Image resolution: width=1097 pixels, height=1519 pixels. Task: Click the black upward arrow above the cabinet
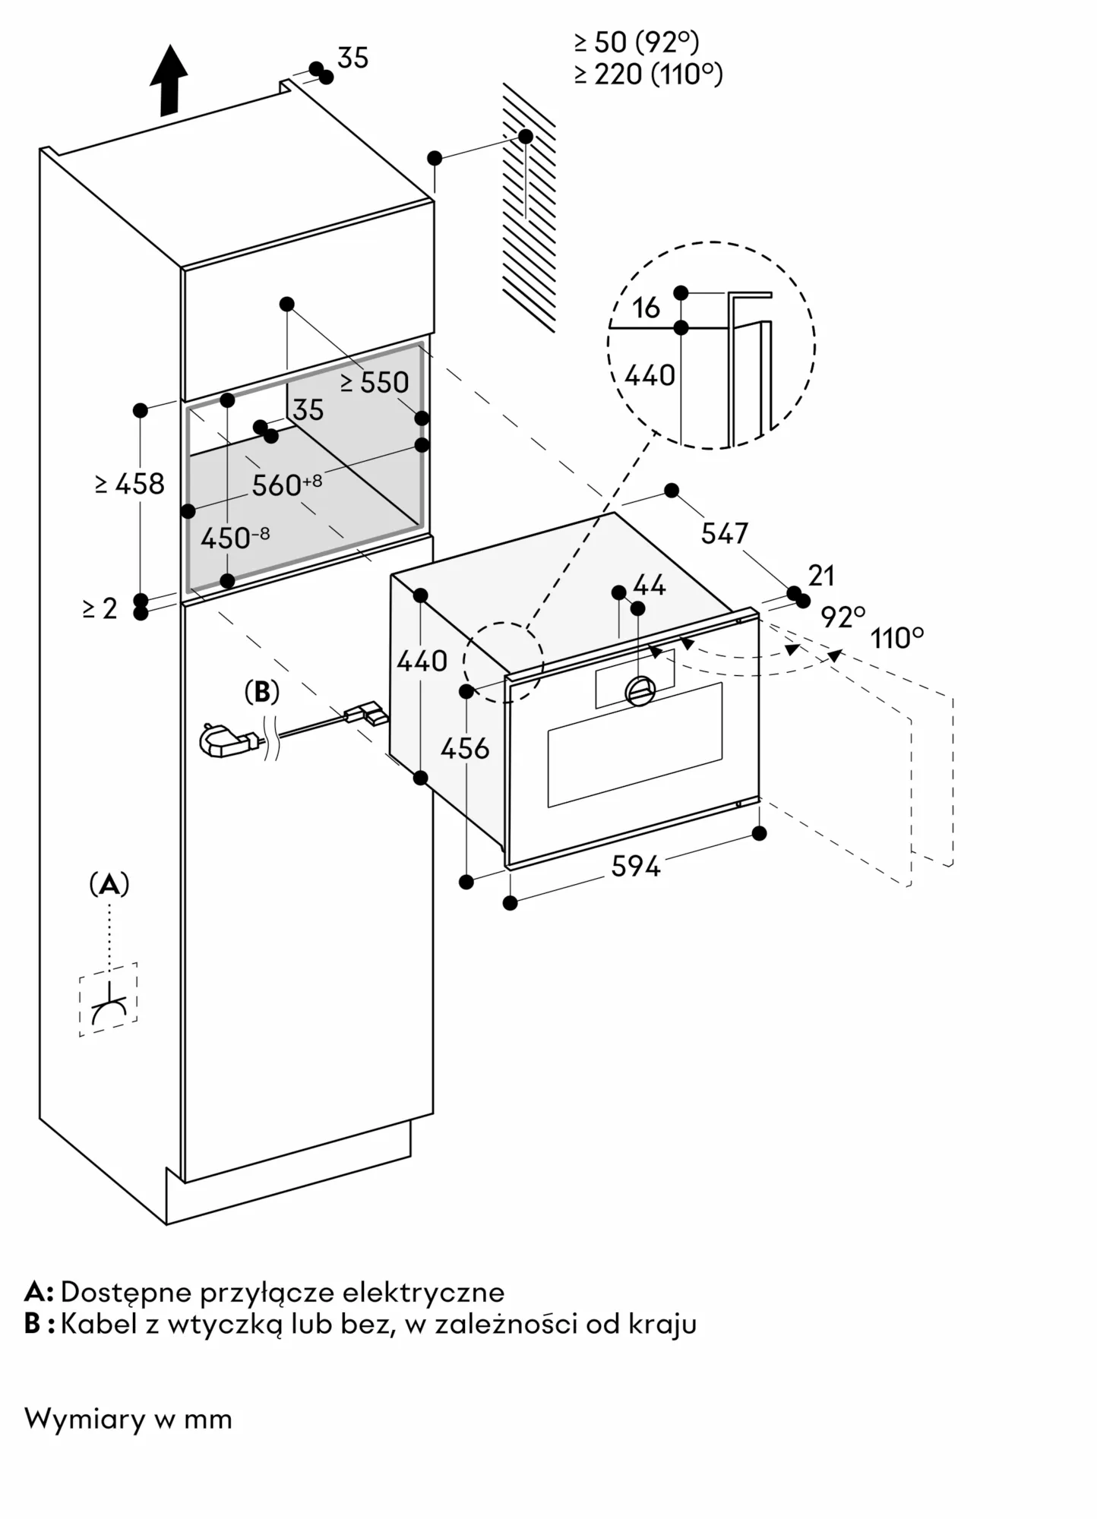169,80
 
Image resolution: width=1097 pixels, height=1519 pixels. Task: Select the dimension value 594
636,866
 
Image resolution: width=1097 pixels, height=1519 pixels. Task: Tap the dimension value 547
724,534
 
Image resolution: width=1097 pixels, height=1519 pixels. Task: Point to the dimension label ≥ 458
130,484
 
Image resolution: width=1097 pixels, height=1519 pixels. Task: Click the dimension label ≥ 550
375,383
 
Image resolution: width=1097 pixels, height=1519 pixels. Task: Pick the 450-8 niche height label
234,538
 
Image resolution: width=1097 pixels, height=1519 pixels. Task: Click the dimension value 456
465,749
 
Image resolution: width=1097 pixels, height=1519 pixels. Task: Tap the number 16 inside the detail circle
646,308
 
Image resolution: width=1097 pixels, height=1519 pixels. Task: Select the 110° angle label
896,638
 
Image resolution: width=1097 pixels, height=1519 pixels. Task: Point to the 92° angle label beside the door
843,617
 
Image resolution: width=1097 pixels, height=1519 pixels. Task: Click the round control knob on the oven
640,690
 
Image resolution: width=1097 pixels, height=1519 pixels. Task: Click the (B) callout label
261,692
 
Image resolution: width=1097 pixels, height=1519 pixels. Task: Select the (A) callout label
109,884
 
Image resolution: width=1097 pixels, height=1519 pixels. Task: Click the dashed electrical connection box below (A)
108,1000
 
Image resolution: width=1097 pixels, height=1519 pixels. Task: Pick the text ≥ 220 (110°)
648,74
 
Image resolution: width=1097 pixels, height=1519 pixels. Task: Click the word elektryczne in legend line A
423,1292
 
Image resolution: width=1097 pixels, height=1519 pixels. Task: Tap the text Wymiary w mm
128,1419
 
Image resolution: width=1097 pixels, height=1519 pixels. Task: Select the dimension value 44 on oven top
649,586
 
